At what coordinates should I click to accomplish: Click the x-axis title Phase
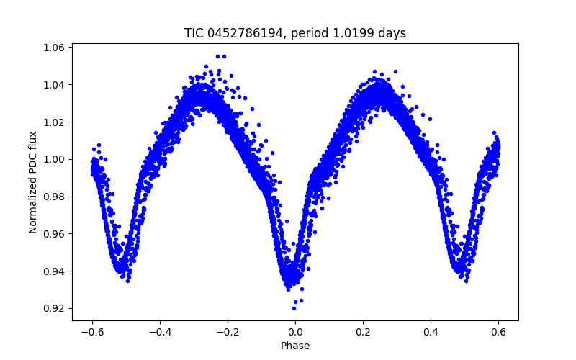point(295,346)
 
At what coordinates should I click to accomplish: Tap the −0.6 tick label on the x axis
point(91,332)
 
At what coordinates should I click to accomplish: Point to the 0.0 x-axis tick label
point(295,332)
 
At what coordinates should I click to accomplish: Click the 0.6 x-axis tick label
point(498,332)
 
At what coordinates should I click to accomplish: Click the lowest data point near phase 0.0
point(294,308)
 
